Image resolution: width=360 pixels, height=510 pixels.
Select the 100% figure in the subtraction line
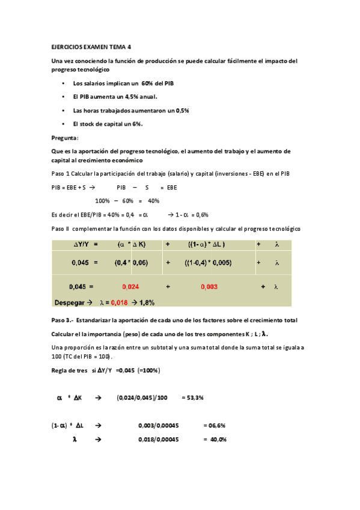(103, 201)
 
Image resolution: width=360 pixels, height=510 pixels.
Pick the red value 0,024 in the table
(130, 287)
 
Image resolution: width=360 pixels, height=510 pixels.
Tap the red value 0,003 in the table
(209, 287)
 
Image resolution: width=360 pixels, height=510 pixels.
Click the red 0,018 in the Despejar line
(120, 302)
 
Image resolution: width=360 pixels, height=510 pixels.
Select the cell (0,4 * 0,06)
(130, 263)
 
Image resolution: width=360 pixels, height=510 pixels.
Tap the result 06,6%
(215, 425)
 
